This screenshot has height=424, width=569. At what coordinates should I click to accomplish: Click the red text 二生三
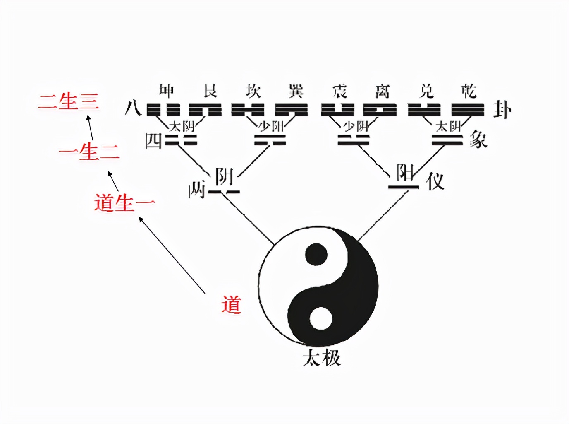tap(69, 101)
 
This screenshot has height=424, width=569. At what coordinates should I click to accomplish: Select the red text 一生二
tap(89, 152)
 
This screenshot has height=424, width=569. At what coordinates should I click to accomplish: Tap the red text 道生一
tap(124, 203)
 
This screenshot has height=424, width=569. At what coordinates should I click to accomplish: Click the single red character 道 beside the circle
tap(231, 304)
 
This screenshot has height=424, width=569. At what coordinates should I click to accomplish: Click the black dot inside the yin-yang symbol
tap(316, 253)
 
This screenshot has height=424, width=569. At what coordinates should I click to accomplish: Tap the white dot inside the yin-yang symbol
tap(321, 319)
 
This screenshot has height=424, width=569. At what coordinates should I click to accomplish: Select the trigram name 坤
tap(167, 90)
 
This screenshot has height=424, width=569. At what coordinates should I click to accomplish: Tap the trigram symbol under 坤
tap(163, 110)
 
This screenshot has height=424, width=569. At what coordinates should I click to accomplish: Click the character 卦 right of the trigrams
tap(502, 110)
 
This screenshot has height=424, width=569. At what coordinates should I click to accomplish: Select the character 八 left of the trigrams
tap(133, 109)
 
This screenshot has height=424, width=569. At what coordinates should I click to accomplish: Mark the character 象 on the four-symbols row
tap(478, 140)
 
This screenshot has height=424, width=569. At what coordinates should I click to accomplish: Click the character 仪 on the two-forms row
tap(435, 181)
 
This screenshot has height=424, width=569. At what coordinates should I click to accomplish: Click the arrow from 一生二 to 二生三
tap(90, 128)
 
